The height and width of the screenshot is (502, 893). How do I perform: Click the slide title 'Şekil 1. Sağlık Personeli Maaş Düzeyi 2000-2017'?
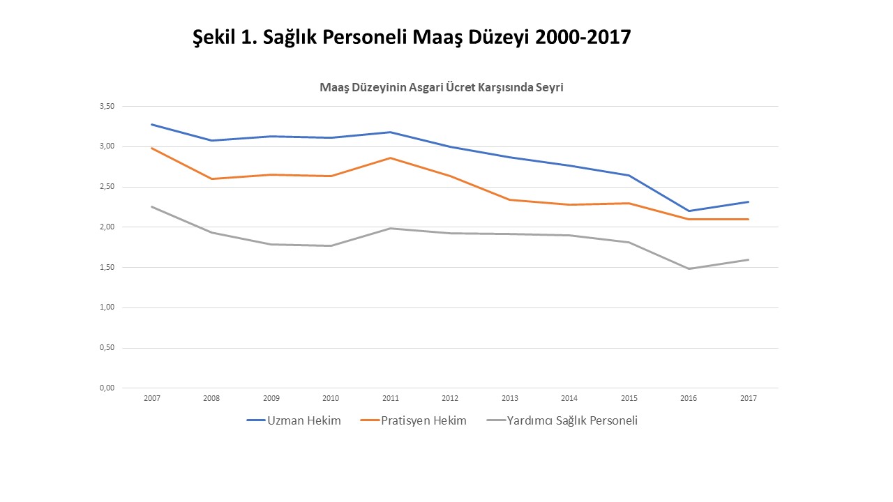[411, 37]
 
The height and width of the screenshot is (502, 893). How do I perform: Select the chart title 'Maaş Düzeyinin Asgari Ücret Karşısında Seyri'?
[441, 88]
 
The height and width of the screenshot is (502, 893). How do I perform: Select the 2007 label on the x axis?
[151, 398]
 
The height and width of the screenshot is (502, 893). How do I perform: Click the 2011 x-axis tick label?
[391, 398]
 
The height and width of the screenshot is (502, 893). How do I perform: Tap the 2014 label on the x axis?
[569, 398]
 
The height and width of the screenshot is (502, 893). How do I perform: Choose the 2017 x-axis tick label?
[749, 398]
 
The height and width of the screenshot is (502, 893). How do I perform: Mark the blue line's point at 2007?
[151, 124]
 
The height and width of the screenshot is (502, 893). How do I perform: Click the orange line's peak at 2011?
[391, 158]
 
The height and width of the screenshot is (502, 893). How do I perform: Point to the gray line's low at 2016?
[689, 268]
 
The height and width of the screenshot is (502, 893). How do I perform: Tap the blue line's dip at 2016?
[689, 211]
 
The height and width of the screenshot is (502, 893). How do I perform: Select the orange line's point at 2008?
[211, 178]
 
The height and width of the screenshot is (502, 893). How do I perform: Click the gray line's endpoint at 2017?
[749, 259]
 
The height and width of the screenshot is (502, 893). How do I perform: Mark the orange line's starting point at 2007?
[151, 148]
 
